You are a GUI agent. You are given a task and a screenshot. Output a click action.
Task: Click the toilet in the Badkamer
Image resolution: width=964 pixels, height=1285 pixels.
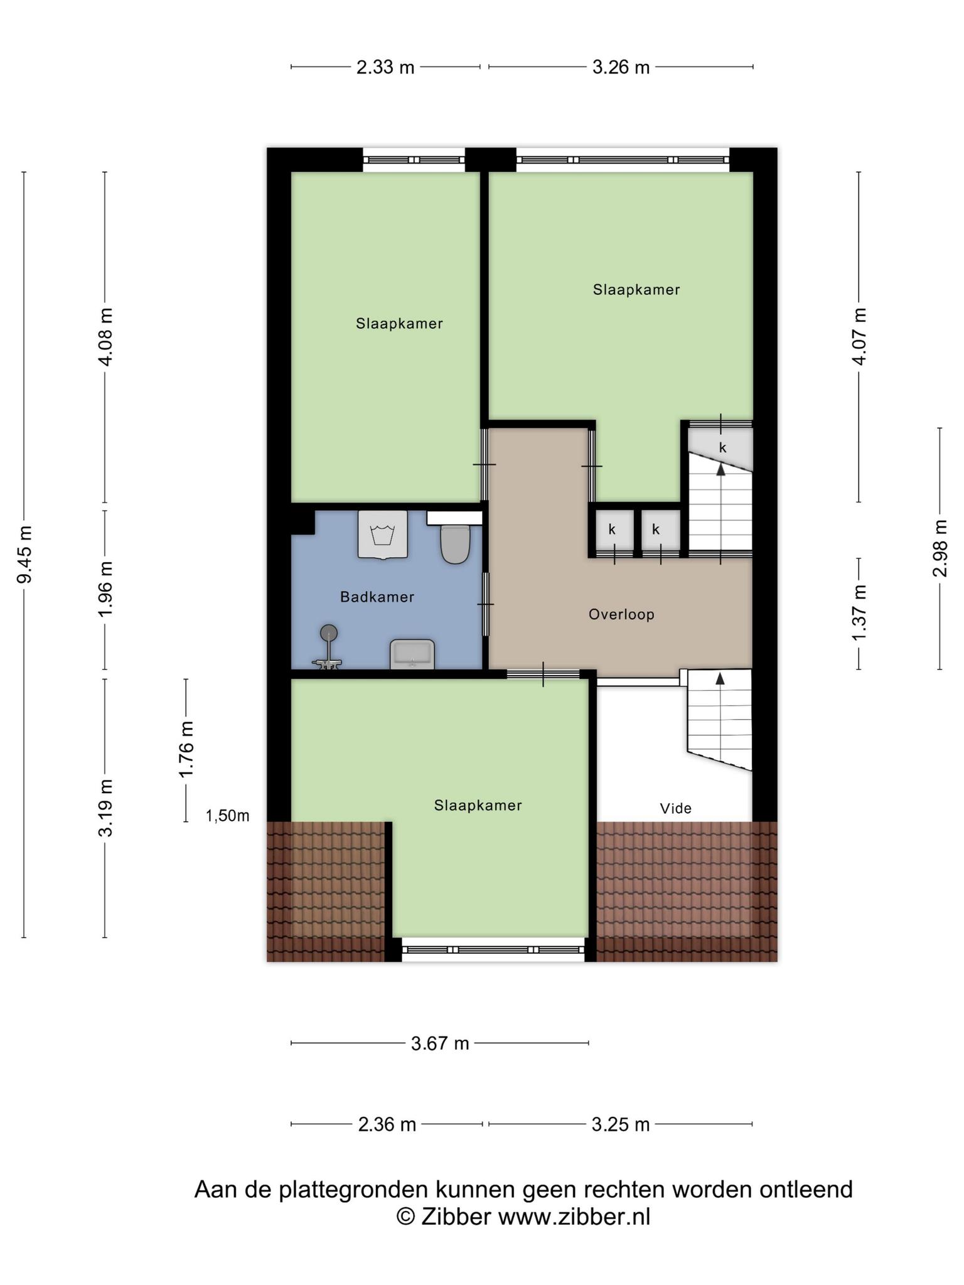click(455, 543)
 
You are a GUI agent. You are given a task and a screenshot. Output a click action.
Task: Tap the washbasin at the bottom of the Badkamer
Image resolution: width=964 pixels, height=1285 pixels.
click(412, 654)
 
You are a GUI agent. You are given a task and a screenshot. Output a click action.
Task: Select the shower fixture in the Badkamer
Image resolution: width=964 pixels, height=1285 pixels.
click(328, 647)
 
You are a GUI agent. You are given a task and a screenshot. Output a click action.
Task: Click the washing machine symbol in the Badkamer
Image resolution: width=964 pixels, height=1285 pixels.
click(382, 534)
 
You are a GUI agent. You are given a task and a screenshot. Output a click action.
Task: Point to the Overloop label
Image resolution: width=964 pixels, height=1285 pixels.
click(621, 614)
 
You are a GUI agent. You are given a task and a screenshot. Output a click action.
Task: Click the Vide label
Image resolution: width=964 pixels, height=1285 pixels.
click(676, 808)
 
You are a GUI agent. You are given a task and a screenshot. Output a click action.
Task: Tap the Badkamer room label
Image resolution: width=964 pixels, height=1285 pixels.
click(377, 597)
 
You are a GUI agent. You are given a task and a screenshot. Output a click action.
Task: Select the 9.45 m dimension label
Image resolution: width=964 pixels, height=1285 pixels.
click(24, 555)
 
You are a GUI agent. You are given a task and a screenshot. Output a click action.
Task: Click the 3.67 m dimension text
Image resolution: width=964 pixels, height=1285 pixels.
click(440, 1043)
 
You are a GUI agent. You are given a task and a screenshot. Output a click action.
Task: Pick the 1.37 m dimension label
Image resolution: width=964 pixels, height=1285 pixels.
click(859, 614)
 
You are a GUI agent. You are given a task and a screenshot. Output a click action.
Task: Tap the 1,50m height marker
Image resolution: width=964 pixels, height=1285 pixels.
click(228, 816)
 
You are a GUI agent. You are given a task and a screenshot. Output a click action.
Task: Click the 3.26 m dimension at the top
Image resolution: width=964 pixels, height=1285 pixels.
click(621, 67)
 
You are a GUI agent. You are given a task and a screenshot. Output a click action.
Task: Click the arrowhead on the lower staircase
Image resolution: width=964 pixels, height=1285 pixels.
click(720, 678)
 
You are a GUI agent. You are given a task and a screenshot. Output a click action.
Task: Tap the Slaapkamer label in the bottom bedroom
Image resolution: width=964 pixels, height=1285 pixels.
click(478, 805)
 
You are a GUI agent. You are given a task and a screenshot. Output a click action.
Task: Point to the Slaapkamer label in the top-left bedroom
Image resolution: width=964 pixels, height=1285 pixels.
click(399, 323)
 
